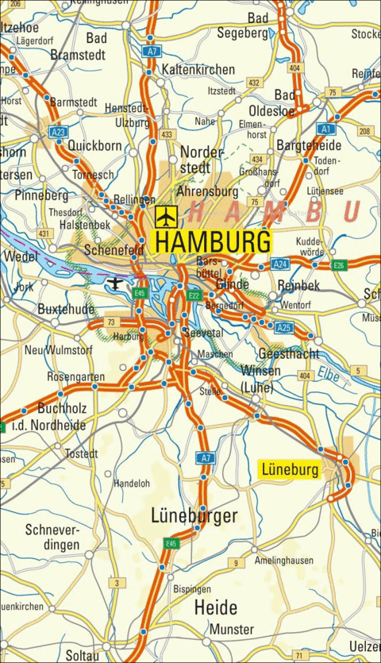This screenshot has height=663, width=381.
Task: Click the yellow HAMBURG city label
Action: tap(211, 241)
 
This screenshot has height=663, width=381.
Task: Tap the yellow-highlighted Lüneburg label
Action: tap(290, 470)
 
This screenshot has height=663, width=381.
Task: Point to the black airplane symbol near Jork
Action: tap(117, 283)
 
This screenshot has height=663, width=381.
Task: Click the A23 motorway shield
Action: tap(57, 132)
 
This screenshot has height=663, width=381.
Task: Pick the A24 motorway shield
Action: tap(280, 264)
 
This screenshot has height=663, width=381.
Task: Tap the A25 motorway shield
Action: tap(284, 327)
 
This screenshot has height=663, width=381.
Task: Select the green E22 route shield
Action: tap(194, 295)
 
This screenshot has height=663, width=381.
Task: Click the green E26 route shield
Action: tap(339, 264)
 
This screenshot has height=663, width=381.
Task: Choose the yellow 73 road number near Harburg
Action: tap(112, 322)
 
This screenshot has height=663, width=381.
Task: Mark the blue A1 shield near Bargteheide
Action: tap(325, 128)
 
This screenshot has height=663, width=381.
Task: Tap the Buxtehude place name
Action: tap(67, 308)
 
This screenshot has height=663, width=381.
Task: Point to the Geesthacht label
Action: tap(289, 353)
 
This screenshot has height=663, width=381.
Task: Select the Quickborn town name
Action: tap(94, 146)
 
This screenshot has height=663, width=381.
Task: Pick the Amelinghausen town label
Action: tap(283, 561)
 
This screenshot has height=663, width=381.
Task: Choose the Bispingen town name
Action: tap(191, 589)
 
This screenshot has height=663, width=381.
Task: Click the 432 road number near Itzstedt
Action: tap(253, 83)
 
